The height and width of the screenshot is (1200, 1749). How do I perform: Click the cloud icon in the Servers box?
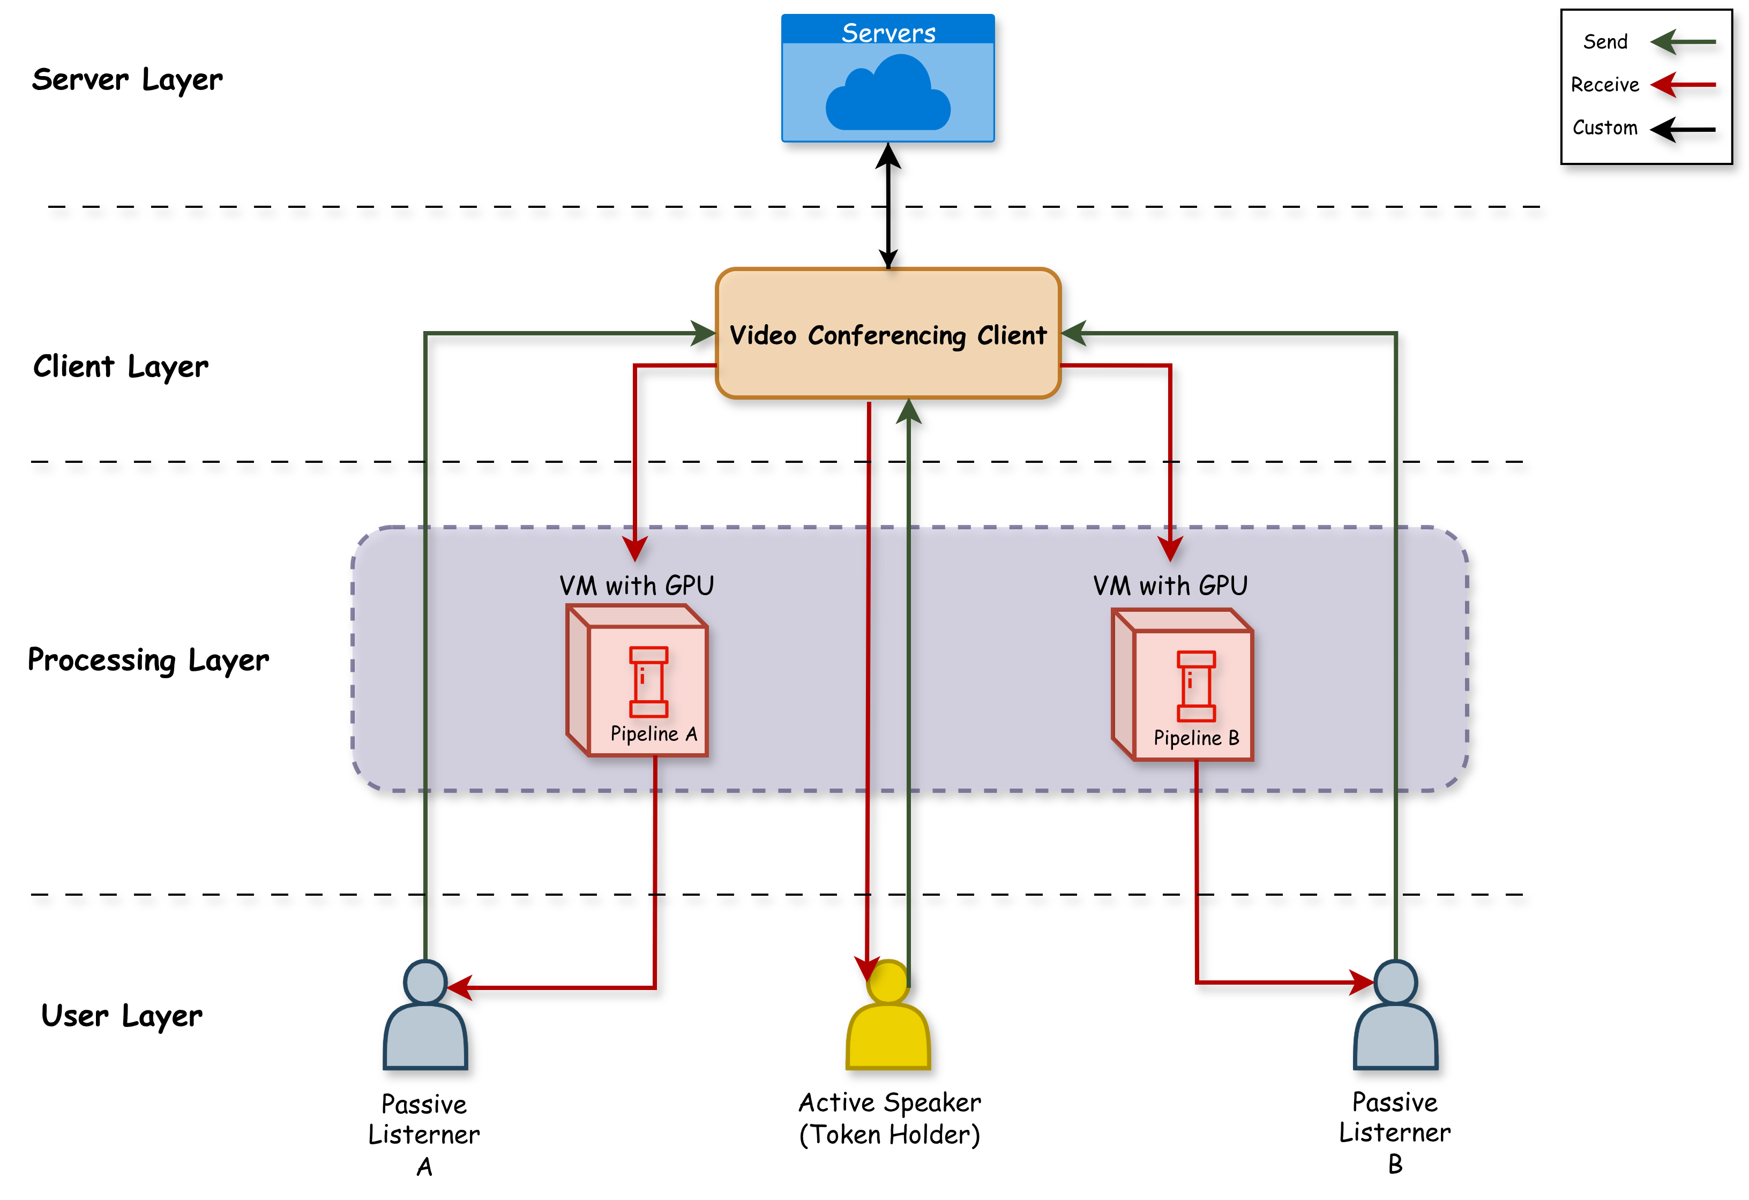click(888, 94)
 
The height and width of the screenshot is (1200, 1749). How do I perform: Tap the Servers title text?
click(888, 32)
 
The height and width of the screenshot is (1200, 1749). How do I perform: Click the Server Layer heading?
click(127, 79)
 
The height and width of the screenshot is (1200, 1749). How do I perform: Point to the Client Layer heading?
click(121, 366)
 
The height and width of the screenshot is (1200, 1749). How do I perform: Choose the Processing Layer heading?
click(148, 660)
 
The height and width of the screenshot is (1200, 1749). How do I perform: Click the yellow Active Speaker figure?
click(888, 1023)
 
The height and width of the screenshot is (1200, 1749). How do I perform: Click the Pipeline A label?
click(653, 733)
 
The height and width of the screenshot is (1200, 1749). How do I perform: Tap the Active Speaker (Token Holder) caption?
click(890, 1119)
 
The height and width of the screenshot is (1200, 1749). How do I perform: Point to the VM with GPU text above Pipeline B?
click(1170, 586)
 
